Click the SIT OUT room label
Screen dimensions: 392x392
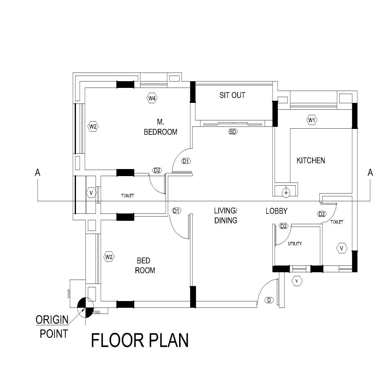coord(232,95)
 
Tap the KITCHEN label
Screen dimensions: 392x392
coord(311,160)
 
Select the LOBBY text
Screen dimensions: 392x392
coord(276,211)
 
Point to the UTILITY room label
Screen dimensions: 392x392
coord(295,244)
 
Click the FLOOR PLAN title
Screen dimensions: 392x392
coord(140,341)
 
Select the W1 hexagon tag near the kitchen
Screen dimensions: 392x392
coord(311,120)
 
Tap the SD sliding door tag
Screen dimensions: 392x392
coord(233,132)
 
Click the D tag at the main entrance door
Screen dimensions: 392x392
coord(269,300)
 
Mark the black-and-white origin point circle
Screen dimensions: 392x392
coord(85,307)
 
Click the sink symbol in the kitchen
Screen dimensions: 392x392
coord(286,192)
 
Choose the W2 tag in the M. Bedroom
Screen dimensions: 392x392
coord(93,126)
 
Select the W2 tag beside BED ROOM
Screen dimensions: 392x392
coord(109,257)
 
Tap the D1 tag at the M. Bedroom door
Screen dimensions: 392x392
coord(186,161)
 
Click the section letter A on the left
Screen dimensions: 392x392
coord(38,173)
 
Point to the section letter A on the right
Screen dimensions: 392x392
coord(370,173)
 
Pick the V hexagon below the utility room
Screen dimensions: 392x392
coord(297,281)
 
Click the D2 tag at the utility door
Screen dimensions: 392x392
coord(284,226)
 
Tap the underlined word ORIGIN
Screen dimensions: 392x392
coord(52,320)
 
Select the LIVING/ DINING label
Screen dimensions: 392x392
coord(226,216)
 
